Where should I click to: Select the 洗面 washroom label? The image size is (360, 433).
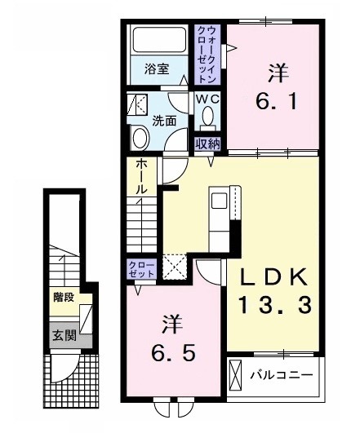[164, 121]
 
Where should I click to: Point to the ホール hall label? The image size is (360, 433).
[140, 176]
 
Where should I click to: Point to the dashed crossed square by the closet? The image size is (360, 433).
[174, 268]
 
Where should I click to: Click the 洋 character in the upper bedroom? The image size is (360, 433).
[276, 73]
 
